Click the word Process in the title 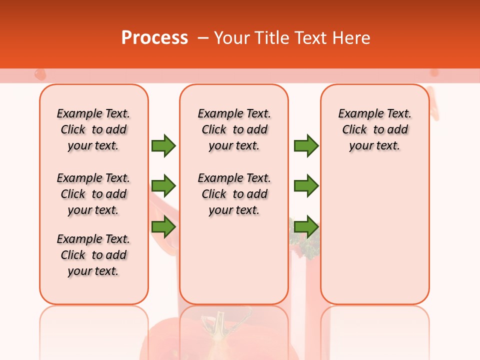[x=154, y=38]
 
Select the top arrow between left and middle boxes [x=163, y=145]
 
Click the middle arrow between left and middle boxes [x=163, y=186]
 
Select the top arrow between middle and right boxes [x=306, y=145]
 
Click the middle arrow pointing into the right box [x=306, y=186]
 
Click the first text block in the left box [x=93, y=129]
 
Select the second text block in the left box [x=93, y=194]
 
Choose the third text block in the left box [x=93, y=255]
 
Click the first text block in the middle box [x=234, y=129]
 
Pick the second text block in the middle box [x=234, y=194]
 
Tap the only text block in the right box [x=374, y=129]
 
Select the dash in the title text [x=202, y=38]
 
